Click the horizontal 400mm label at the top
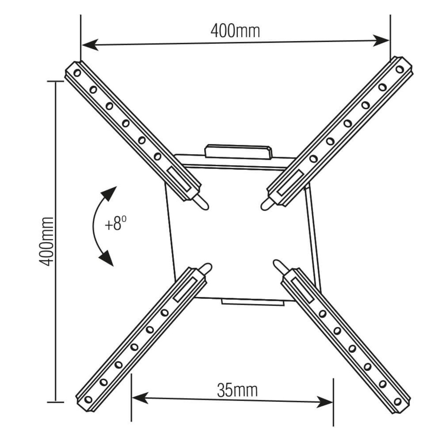point(235,31)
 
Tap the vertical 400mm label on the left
point(46,242)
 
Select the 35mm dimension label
point(237,390)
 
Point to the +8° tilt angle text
point(115,224)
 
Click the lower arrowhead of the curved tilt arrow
point(107,258)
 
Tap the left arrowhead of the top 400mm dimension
point(90,45)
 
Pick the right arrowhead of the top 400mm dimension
point(381,41)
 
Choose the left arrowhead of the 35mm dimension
point(140,398)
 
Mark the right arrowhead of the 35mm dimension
point(325,402)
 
